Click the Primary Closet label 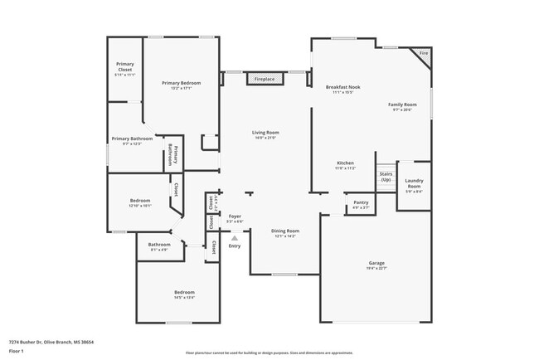(125, 64)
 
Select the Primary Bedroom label (181, 83)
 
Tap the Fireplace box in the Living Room (265, 79)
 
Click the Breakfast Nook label (342, 87)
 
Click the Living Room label (265, 132)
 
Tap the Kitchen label (346, 163)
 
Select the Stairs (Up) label (386, 177)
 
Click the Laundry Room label (413, 184)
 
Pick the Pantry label (361, 202)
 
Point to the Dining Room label (284, 231)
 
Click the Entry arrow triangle (235, 238)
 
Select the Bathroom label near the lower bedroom (159, 245)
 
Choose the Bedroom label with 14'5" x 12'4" (184, 293)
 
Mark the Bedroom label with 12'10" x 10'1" (140, 201)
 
